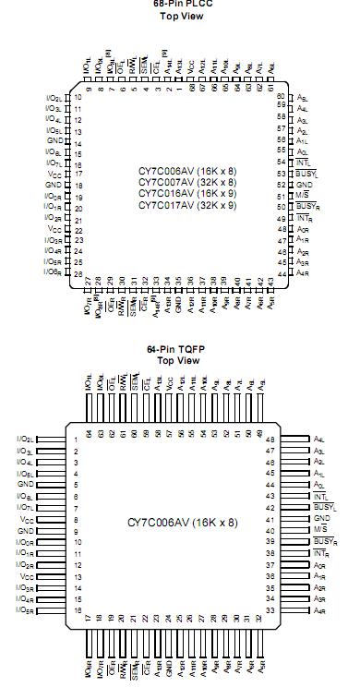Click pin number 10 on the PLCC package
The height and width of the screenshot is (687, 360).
(x=78, y=97)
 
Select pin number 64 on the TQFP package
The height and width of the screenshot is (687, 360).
(x=90, y=432)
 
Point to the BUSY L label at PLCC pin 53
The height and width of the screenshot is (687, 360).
(x=303, y=173)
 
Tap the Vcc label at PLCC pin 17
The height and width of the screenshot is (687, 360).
(x=54, y=173)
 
